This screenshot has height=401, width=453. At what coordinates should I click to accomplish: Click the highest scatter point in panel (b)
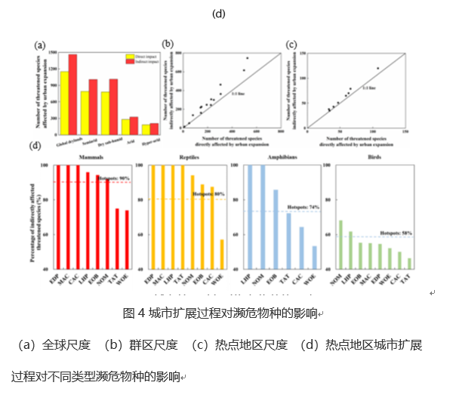click(247, 58)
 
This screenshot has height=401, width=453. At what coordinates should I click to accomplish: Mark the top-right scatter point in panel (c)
click(377, 69)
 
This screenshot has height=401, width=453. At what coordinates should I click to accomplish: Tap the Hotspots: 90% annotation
click(109, 178)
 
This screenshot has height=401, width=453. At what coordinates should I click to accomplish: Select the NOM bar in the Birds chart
click(341, 244)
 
